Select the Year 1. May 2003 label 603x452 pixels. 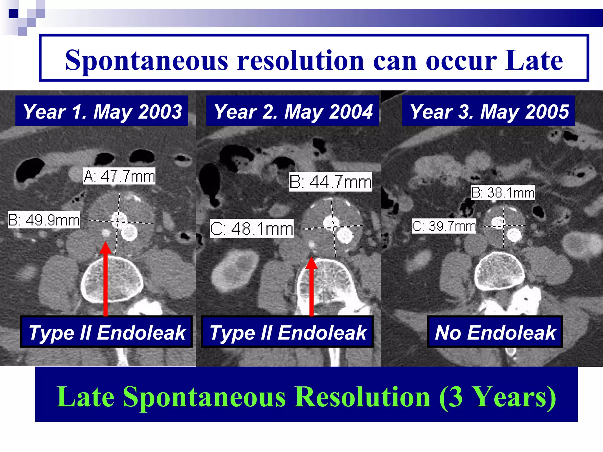[102, 111]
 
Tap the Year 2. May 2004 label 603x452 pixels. [293, 111]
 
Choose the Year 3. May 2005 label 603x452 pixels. [488, 111]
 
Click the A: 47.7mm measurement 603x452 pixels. [119, 176]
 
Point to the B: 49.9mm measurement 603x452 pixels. [44, 220]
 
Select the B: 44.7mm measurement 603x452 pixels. [330, 182]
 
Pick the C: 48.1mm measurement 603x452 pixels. [252, 229]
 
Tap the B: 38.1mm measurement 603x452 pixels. [503, 193]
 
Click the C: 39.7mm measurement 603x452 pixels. [444, 226]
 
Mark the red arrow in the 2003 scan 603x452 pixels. [105, 280]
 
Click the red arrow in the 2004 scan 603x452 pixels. [312, 287]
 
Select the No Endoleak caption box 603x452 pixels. [495, 332]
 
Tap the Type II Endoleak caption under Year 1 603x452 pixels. [107, 332]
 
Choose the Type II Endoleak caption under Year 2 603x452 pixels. [287, 332]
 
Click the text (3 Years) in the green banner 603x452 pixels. [497, 397]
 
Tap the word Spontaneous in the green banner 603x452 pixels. [204, 397]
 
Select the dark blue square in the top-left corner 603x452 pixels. [13, 13]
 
